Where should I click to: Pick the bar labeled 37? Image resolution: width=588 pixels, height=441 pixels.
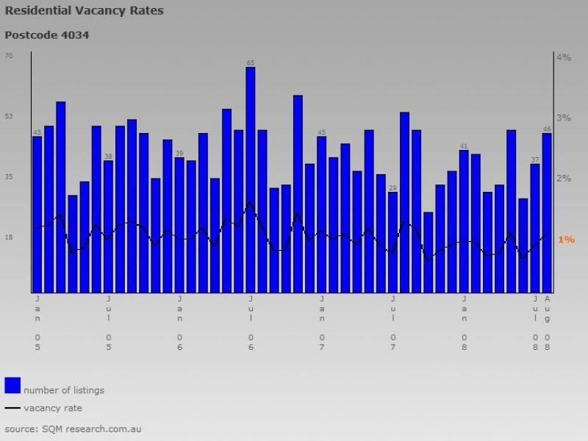pos(535,227)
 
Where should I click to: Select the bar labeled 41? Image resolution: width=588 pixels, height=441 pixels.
pos(464,220)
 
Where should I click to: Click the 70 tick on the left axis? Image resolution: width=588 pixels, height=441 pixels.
pos(9,56)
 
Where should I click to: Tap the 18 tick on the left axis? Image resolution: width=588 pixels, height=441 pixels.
pos(9,237)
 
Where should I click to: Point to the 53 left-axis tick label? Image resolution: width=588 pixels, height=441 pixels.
pos(9,116)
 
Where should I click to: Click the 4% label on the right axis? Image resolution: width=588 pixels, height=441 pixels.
pos(564,57)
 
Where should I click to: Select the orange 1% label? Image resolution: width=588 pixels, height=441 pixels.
pos(566,240)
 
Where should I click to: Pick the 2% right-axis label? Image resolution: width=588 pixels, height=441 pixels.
pos(564,179)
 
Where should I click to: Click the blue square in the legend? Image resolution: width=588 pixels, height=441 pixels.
pos(12,385)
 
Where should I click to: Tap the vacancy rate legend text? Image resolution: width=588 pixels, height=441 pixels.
pos(53,408)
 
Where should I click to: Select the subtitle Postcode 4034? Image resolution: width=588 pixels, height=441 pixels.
pos(47,35)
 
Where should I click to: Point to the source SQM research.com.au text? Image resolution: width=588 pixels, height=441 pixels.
pos(73,428)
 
